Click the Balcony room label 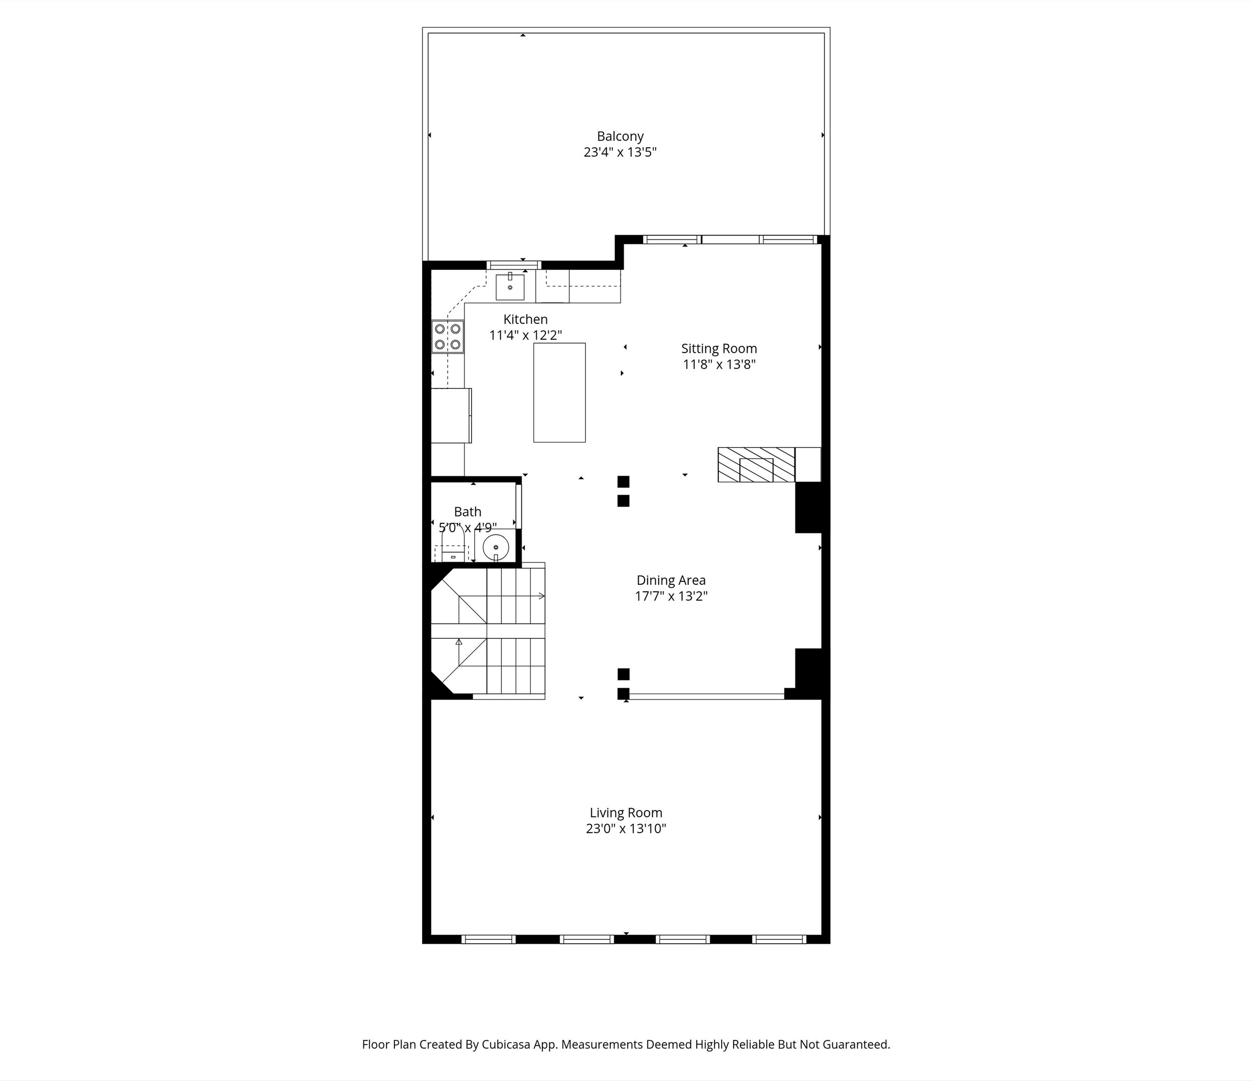(620, 137)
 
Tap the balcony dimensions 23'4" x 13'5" (620, 152)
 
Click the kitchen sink (510, 287)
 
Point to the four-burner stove (448, 337)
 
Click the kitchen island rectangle (559, 393)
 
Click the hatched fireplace (756, 465)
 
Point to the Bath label (468, 512)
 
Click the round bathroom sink (496, 547)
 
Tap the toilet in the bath (453, 544)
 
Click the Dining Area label (671, 581)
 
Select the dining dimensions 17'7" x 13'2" (671, 596)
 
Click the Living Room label (626, 813)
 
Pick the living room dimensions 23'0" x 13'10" (626, 829)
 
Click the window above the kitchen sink (513, 265)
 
